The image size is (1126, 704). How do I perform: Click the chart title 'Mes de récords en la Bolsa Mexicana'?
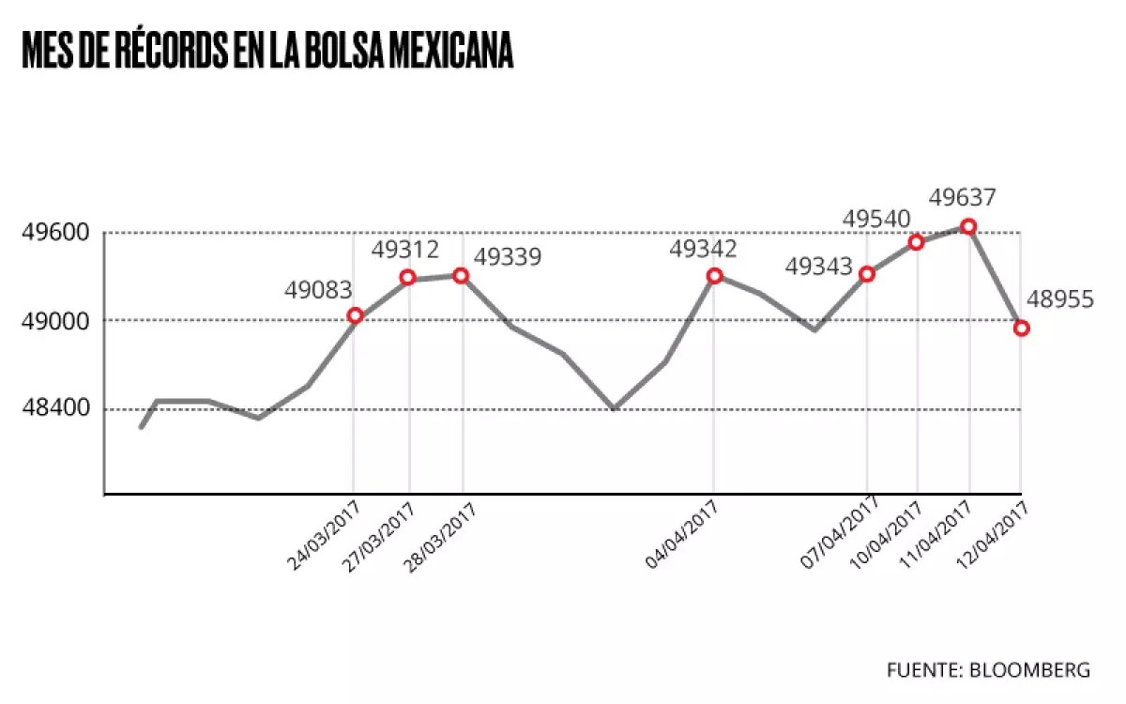tap(267, 51)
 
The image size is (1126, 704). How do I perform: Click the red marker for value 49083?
tap(355, 315)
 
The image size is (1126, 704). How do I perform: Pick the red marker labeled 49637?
tap(969, 226)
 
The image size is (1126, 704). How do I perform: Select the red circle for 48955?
tap(1022, 328)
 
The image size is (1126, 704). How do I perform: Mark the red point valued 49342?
tap(714, 276)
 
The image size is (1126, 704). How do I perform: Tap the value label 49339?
tap(508, 256)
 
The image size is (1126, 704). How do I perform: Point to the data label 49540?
tap(876, 219)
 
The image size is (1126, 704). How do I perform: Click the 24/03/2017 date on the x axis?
tap(322, 534)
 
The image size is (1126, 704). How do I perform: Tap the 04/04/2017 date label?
tap(682, 534)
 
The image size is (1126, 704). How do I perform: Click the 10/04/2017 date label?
tap(887, 534)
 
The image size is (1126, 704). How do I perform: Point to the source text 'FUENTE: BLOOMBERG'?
tap(988, 669)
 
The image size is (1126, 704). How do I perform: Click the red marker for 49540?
tap(917, 243)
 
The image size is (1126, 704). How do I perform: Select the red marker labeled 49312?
tap(407, 277)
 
